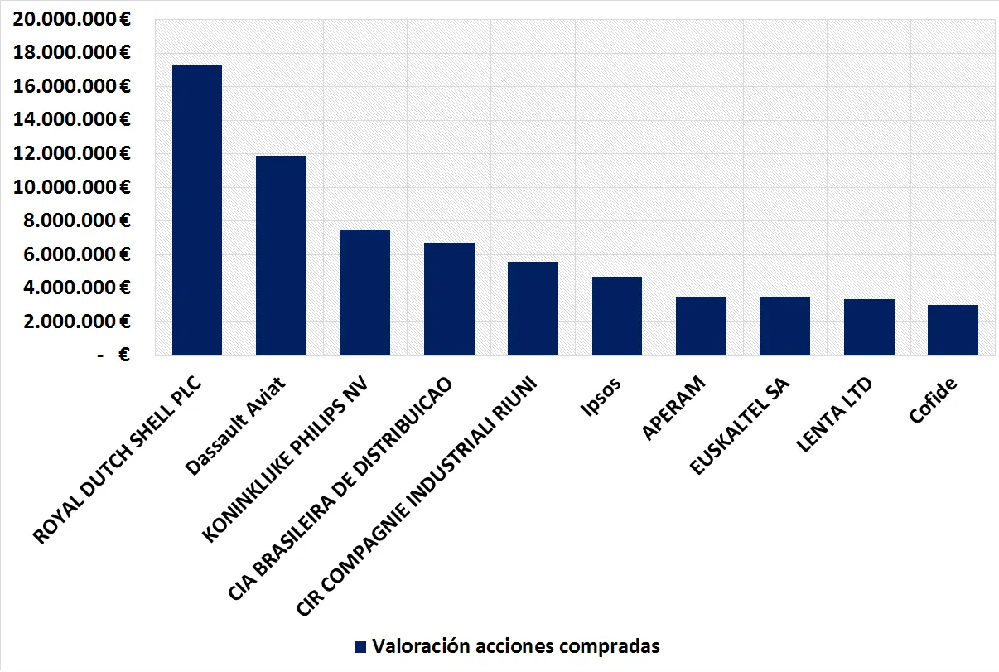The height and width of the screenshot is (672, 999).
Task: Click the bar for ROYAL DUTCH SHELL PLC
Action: click(x=196, y=210)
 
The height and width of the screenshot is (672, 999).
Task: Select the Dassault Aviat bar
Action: click(x=281, y=256)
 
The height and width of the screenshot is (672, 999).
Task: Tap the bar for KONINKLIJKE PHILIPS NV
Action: click(x=364, y=292)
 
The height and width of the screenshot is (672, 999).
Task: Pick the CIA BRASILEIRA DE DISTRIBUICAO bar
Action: click(x=449, y=299)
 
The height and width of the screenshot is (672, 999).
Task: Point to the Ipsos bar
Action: click(x=617, y=317)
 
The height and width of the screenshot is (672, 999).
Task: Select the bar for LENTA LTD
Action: click(x=869, y=327)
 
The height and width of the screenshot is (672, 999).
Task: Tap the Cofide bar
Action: click(x=953, y=331)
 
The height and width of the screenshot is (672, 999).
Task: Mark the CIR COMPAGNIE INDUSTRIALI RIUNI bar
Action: click(x=533, y=309)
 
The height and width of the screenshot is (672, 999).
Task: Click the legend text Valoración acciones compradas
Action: click(x=515, y=646)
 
